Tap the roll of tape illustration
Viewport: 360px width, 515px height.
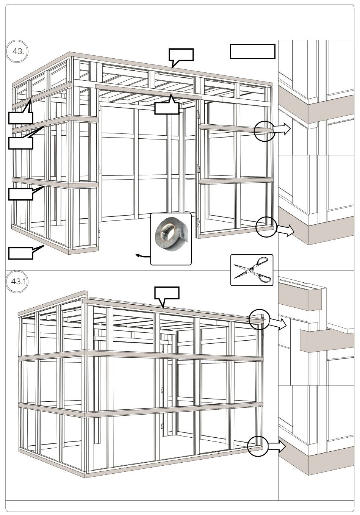[171, 239]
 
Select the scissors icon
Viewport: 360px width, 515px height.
[252, 270]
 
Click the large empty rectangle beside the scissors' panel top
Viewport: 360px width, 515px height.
[252, 52]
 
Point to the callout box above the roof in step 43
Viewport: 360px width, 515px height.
[181, 55]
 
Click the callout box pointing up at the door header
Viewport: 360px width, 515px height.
[166, 108]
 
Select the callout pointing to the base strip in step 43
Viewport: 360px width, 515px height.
[20, 253]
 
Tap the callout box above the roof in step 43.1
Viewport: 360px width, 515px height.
[167, 293]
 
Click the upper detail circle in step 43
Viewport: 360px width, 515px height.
[264, 131]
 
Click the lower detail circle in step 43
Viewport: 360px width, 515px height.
[266, 227]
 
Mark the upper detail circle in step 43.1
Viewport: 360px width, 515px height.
[259, 319]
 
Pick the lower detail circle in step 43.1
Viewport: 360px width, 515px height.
[258, 446]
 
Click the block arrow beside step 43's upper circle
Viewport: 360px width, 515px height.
[282, 129]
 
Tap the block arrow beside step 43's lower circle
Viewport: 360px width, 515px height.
[285, 230]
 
